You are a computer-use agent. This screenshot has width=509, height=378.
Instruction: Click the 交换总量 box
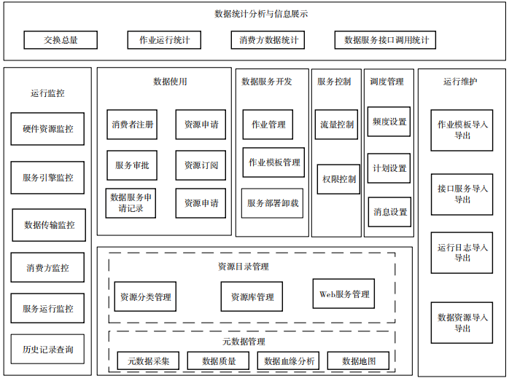click(x=61, y=40)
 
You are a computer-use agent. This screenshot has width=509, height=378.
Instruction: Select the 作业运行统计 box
click(x=164, y=40)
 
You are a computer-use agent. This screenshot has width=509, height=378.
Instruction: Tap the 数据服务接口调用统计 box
click(x=386, y=40)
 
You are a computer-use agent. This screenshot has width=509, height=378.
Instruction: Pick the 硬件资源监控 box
click(x=47, y=129)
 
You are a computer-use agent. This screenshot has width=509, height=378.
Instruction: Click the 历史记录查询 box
click(x=47, y=350)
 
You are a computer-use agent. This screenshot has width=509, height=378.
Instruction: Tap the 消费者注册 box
click(x=132, y=125)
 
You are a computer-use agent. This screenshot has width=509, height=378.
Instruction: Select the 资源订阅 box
click(x=201, y=165)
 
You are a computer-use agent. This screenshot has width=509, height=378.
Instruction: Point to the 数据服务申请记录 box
click(x=132, y=203)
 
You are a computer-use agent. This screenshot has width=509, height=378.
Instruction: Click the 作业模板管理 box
click(x=273, y=162)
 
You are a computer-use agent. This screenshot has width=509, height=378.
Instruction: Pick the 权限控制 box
click(x=338, y=179)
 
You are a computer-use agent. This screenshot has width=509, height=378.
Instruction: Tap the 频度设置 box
click(x=389, y=122)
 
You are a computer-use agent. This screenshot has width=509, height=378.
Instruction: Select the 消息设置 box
click(x=389, y=212)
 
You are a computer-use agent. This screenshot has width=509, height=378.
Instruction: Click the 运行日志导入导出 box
click(x=462, y=252)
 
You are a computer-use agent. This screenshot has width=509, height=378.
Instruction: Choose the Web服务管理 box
click(x=343, y=294)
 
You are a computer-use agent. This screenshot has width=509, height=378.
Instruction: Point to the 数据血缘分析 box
click(x=289, y=361)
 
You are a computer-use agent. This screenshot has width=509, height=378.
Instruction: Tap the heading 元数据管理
click(x=244, y=341)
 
